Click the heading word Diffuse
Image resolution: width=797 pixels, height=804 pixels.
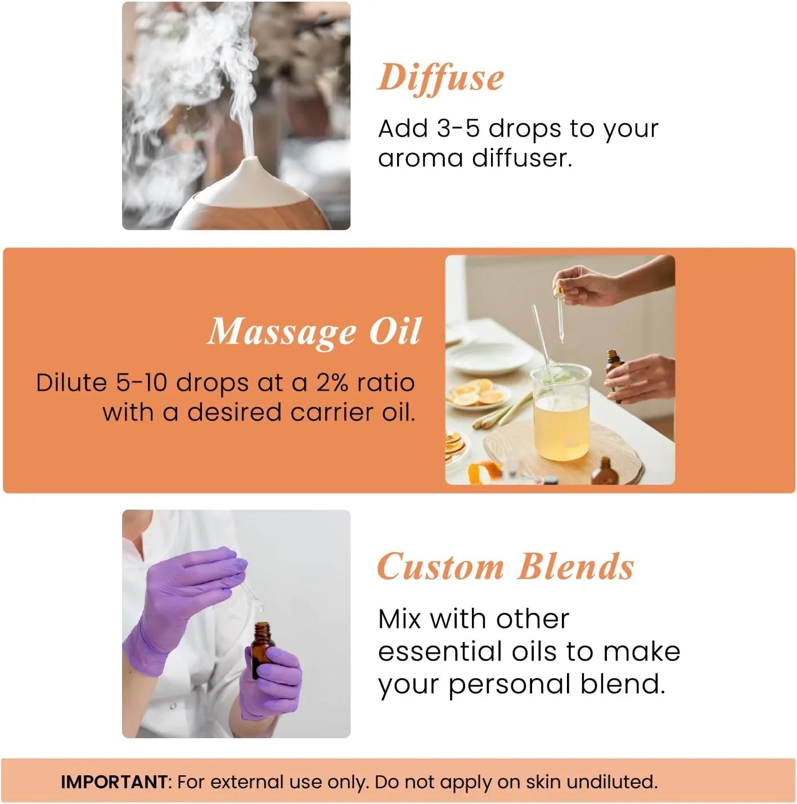pyautogui.click(x=440, y=78)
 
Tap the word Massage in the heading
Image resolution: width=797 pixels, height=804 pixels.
pyautogui.click(x=282, y=332)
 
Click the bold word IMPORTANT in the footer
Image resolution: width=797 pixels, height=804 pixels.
pyautogui.click(x=114, y=782)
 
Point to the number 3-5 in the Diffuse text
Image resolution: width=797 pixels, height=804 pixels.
pyautogui.click(x=458, y=129)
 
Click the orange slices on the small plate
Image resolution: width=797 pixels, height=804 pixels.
pyautogui.click(x=478, y=391)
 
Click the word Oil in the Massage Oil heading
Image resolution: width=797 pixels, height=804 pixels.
pyautogui.click(x=394, y=332)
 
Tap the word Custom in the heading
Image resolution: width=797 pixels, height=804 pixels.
pyautogui.click(x=440, y=566)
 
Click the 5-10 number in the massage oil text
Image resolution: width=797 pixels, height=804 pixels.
pyautogui.click(x=142, y=383)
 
